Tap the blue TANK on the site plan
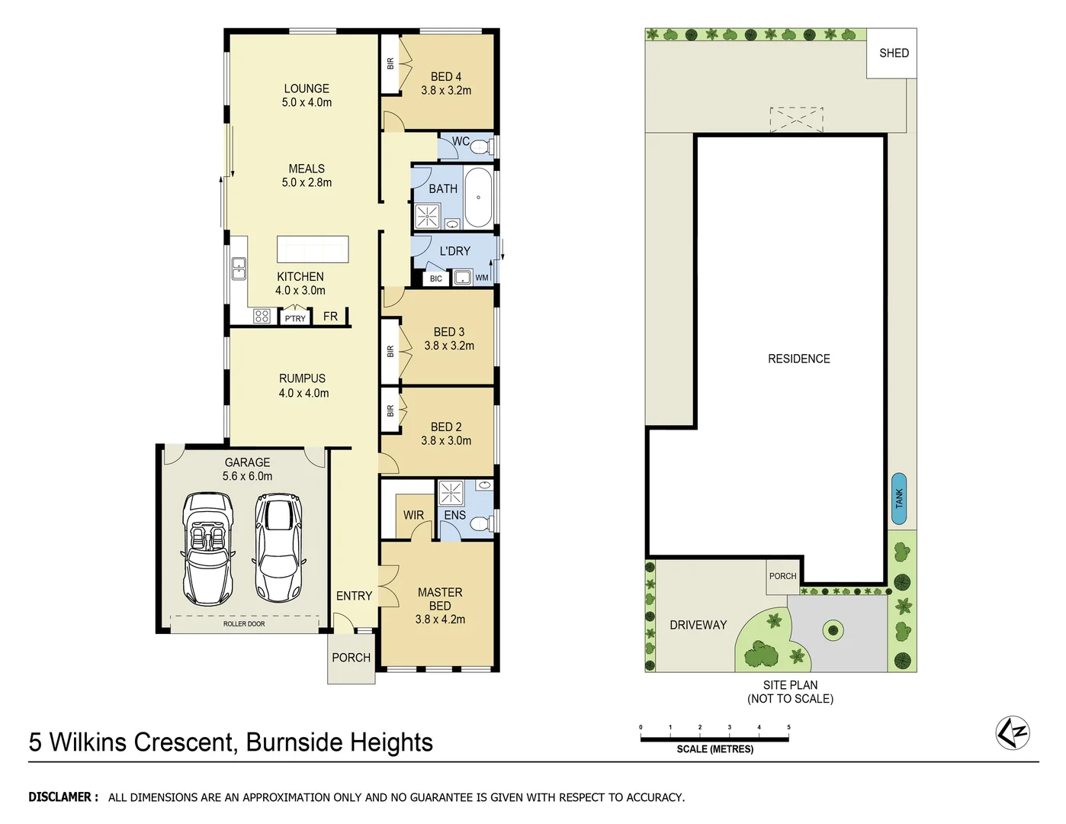tap(898, 499)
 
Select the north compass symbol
tap(1013, 733)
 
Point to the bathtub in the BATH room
tap(478, 198)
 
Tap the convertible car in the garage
tap(208, 549)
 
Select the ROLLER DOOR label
tap(244, 624)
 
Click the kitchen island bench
tap(313, 249)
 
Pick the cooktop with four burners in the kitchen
tap(262, 316)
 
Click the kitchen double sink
tap(239, 269)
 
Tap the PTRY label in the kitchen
tap(295, 318)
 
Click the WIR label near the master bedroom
tap(413, 516)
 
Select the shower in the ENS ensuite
tap(451, 493)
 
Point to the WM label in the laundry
tap(482, 278)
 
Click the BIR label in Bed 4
tap(390, 64)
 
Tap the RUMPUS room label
tap(302, 378)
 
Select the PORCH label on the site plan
tap(782, 576)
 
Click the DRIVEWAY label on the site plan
tap(698, 625)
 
